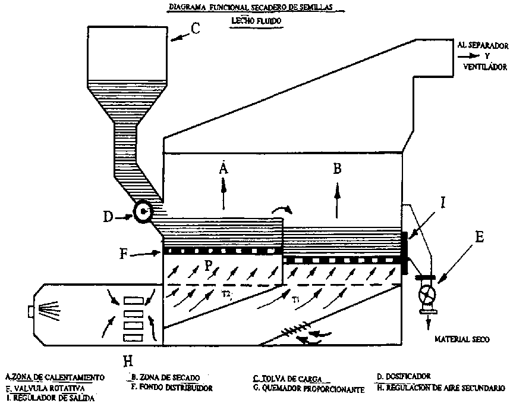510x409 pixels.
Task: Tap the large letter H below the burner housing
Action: point(126,359)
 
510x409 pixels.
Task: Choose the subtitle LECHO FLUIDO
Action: point(256,20)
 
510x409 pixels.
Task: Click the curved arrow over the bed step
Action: point(282,210)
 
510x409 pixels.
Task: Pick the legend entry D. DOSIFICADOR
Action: point(404,376)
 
